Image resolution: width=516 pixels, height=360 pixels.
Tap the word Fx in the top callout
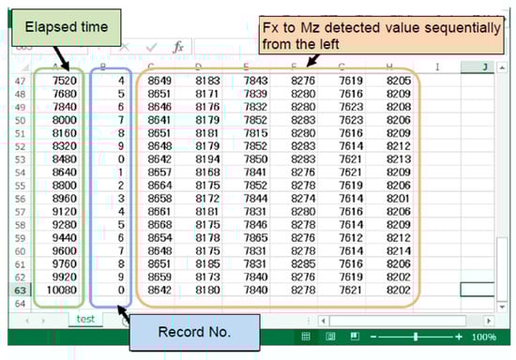click(x=273, y=28)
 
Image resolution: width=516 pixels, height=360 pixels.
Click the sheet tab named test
click(x=85, y=318)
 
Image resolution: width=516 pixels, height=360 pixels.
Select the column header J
click(x=481, y=67)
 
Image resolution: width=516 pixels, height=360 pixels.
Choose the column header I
click(x=436, y=67)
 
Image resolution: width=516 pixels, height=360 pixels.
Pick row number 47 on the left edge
click(x=19, y=82)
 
